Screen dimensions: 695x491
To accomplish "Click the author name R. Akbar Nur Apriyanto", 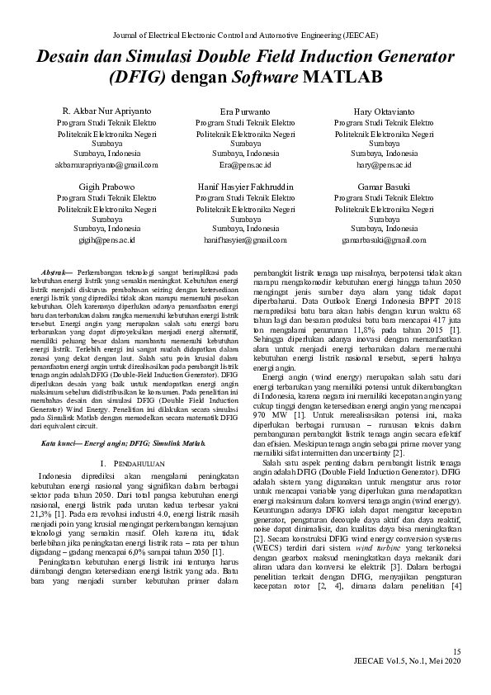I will [106, 111].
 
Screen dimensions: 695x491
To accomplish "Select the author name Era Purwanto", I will [245, 111].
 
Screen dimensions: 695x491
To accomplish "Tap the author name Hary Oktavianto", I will [384, 111].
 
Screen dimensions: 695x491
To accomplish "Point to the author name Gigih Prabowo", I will [106, 187].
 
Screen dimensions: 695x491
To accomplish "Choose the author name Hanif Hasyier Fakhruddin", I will [245, 187].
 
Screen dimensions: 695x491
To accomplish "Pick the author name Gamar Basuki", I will [384, 187].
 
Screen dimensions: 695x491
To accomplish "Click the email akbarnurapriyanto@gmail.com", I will [106, 164].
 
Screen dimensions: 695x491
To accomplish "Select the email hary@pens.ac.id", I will [384, 164].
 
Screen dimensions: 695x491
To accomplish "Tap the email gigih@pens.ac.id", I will [106, 240].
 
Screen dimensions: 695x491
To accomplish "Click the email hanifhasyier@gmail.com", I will [245, 240].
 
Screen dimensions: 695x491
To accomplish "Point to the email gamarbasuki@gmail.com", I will [384, 240].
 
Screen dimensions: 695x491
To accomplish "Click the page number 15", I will [459, 653].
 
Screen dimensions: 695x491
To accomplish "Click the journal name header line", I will [245, 35].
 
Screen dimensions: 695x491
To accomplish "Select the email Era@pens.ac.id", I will [245, 164].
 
